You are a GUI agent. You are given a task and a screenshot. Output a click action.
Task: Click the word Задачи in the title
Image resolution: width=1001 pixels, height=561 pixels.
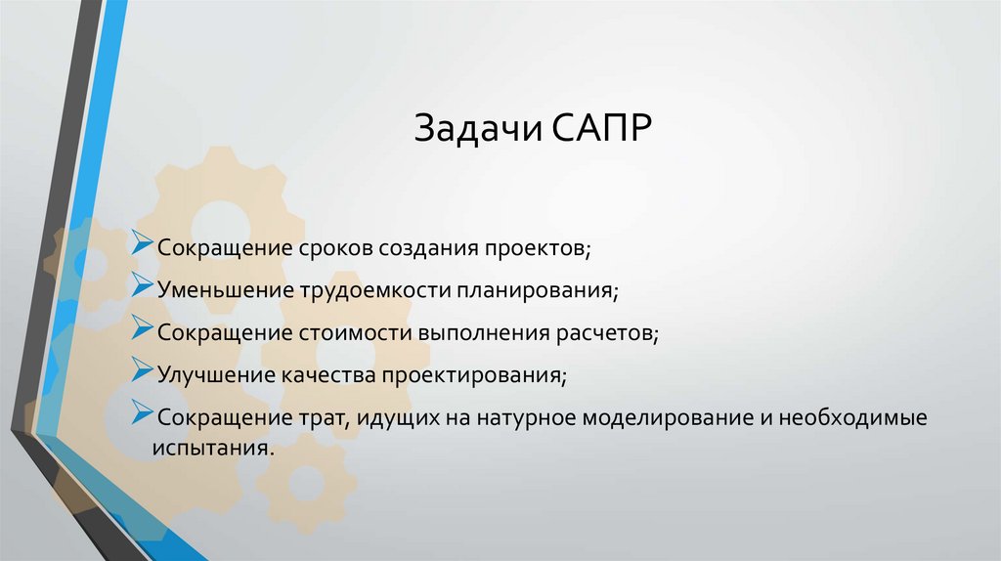[x=473, y=129]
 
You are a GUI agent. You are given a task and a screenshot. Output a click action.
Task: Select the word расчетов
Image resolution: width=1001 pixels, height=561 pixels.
[x=607, y=332]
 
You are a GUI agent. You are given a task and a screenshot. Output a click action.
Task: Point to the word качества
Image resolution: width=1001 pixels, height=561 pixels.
[x=329, y=374]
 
